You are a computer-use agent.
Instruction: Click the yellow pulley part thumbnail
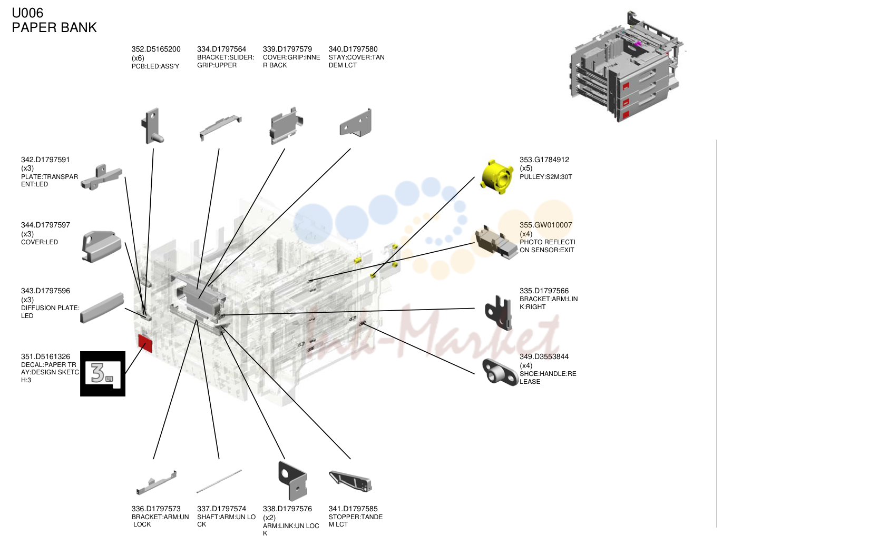tap(496, 177)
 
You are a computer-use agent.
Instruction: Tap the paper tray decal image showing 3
tap(103, 374)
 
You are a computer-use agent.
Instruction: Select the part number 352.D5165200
tap(156, 49)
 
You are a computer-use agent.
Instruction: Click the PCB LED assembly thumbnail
tap(152, 126)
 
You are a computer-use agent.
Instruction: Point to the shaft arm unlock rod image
tap(219, 481)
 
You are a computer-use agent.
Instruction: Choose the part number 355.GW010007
tap(545, 225)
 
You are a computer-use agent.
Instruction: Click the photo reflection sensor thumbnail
tap(496, 242)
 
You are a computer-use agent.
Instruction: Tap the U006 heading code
tap(27, 13)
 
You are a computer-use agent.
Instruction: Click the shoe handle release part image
tap(500, 372)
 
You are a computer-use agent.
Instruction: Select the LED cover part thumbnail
tap(102, 246)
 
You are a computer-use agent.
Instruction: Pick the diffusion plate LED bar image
tap(102, 307)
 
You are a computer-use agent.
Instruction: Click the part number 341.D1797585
tap(353, 509)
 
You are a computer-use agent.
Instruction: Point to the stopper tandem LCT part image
tap(350, 481)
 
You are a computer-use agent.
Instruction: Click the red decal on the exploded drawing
tap(145, 343)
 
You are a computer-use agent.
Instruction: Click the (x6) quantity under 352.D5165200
tap(138, 58)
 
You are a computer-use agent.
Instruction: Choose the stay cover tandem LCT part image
tap(356, 123)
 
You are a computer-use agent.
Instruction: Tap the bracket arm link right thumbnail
tap(499, 313)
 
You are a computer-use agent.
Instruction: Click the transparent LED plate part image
tap(101, 177)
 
